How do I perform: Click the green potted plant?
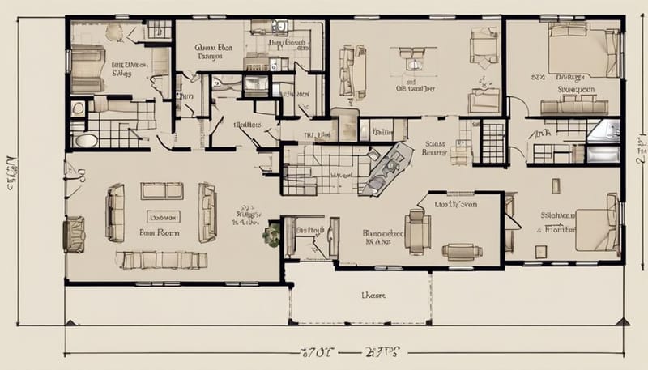pos(271,236)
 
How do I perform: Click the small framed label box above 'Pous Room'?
pos(164,216)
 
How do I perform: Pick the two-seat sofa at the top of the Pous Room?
pos(162,191)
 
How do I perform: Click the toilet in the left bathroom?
pos(79,108)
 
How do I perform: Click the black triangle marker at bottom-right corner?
pos(622,321)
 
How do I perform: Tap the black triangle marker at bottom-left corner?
pos(71,321)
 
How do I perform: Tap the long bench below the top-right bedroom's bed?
pos(573,105)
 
